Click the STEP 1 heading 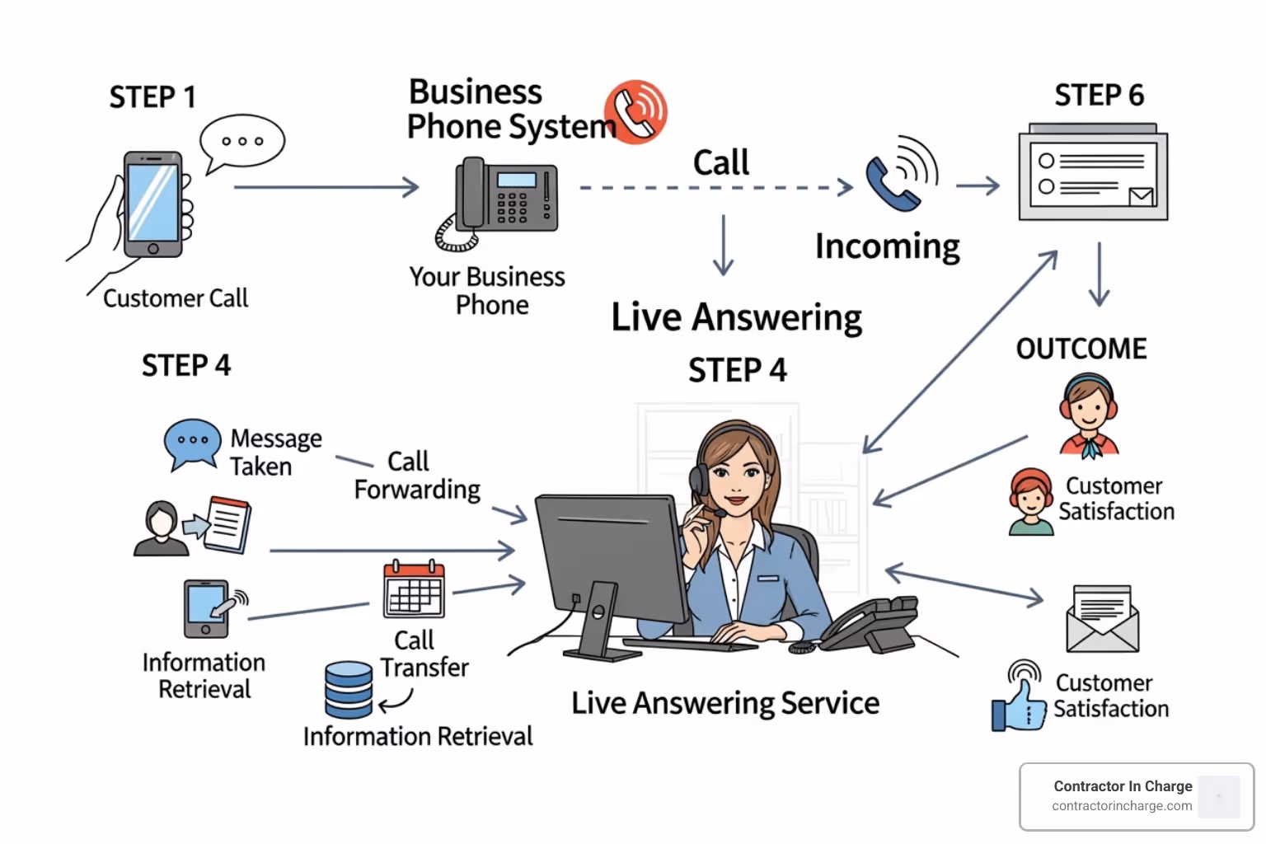pyautogui.click(x=153, y=97)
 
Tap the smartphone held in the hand pyautogui.click(x=152, y=204)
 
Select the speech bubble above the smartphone pyautogui.click(x=242, y=142)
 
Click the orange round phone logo pyautogui.click(x=635, y=111)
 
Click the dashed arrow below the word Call pyautogui.click(x=715, y=188)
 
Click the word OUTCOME pyautogui.click(x=1081, y=349)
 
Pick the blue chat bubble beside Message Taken pyautogui.click(x=193, y=443)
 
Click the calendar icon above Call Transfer pyautogui.click(x=414, y=590)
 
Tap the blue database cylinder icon pyautogui.click(x=349, y=690)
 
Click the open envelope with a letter pyautogui.click(x=1102, y=619)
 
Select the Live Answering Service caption pyautogui.click(x=725, y=703)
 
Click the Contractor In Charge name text pyautogui.click(x=1123, y=786)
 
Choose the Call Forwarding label pyautogui.click(x=417, y=476)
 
